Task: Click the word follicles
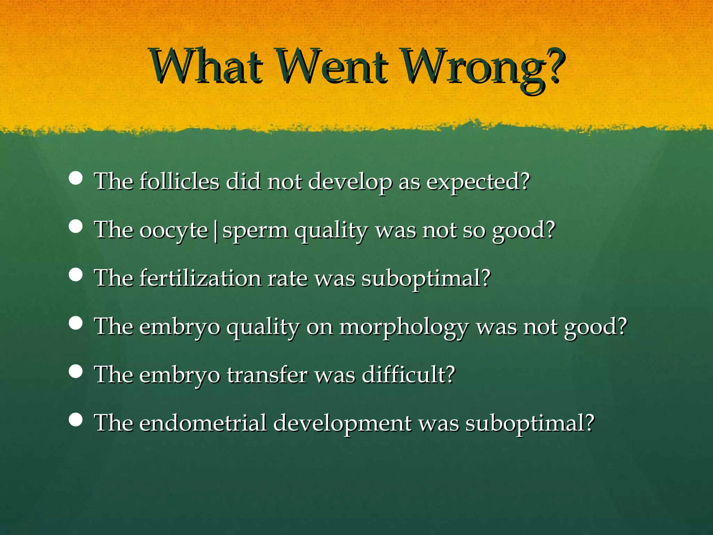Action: click(179, 181)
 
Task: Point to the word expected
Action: click(477, 182)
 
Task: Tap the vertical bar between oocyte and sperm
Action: click(216, 232)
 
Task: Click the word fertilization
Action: click(200, 278)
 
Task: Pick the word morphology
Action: click(404, 328)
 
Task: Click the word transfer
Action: click(267, 375)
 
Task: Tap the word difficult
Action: click(408, 375)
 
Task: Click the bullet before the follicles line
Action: click(76, 178)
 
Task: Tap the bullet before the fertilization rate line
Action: click(76, 275)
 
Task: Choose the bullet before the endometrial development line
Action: click(76, 420)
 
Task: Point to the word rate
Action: click(287, 279)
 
